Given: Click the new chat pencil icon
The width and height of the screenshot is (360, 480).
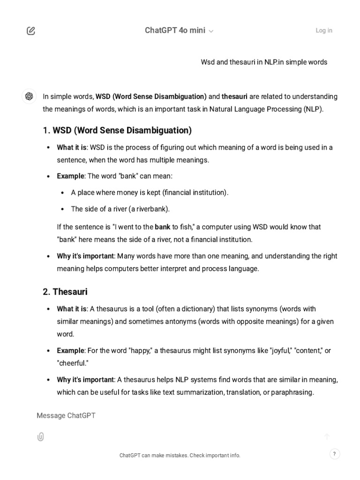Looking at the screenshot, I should [x=31, y=31].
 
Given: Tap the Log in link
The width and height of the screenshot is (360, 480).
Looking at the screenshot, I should [x=324, y=30].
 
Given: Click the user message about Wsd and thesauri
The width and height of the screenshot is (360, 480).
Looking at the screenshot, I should [x=264, y=62].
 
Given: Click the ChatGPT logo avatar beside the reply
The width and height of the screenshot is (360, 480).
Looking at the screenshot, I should [x=29, y=96].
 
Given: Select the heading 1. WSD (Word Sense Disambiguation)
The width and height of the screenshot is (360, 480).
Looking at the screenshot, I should [x=117, y=130].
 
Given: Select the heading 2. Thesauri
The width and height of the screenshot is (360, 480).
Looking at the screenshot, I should [x=65, y=292].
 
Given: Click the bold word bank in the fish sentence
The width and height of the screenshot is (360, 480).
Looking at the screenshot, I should [x=163, y=227].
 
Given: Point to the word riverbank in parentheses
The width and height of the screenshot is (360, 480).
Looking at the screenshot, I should [x=152, y=209].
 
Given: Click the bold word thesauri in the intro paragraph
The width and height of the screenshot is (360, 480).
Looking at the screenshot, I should [x=234, y=97].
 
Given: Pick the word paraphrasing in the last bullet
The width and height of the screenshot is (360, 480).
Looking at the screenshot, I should [x=292, y=392].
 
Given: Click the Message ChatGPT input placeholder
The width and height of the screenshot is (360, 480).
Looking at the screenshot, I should [x=66, y=415].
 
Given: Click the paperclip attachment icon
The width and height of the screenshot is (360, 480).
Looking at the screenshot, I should [x=40, y=437].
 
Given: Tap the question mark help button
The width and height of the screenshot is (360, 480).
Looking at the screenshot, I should [x=334, y=454].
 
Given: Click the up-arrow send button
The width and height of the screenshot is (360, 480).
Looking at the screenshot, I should [x=327, y=437].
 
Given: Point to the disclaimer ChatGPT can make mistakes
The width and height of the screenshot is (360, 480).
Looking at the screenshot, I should [x=180, y=455].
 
